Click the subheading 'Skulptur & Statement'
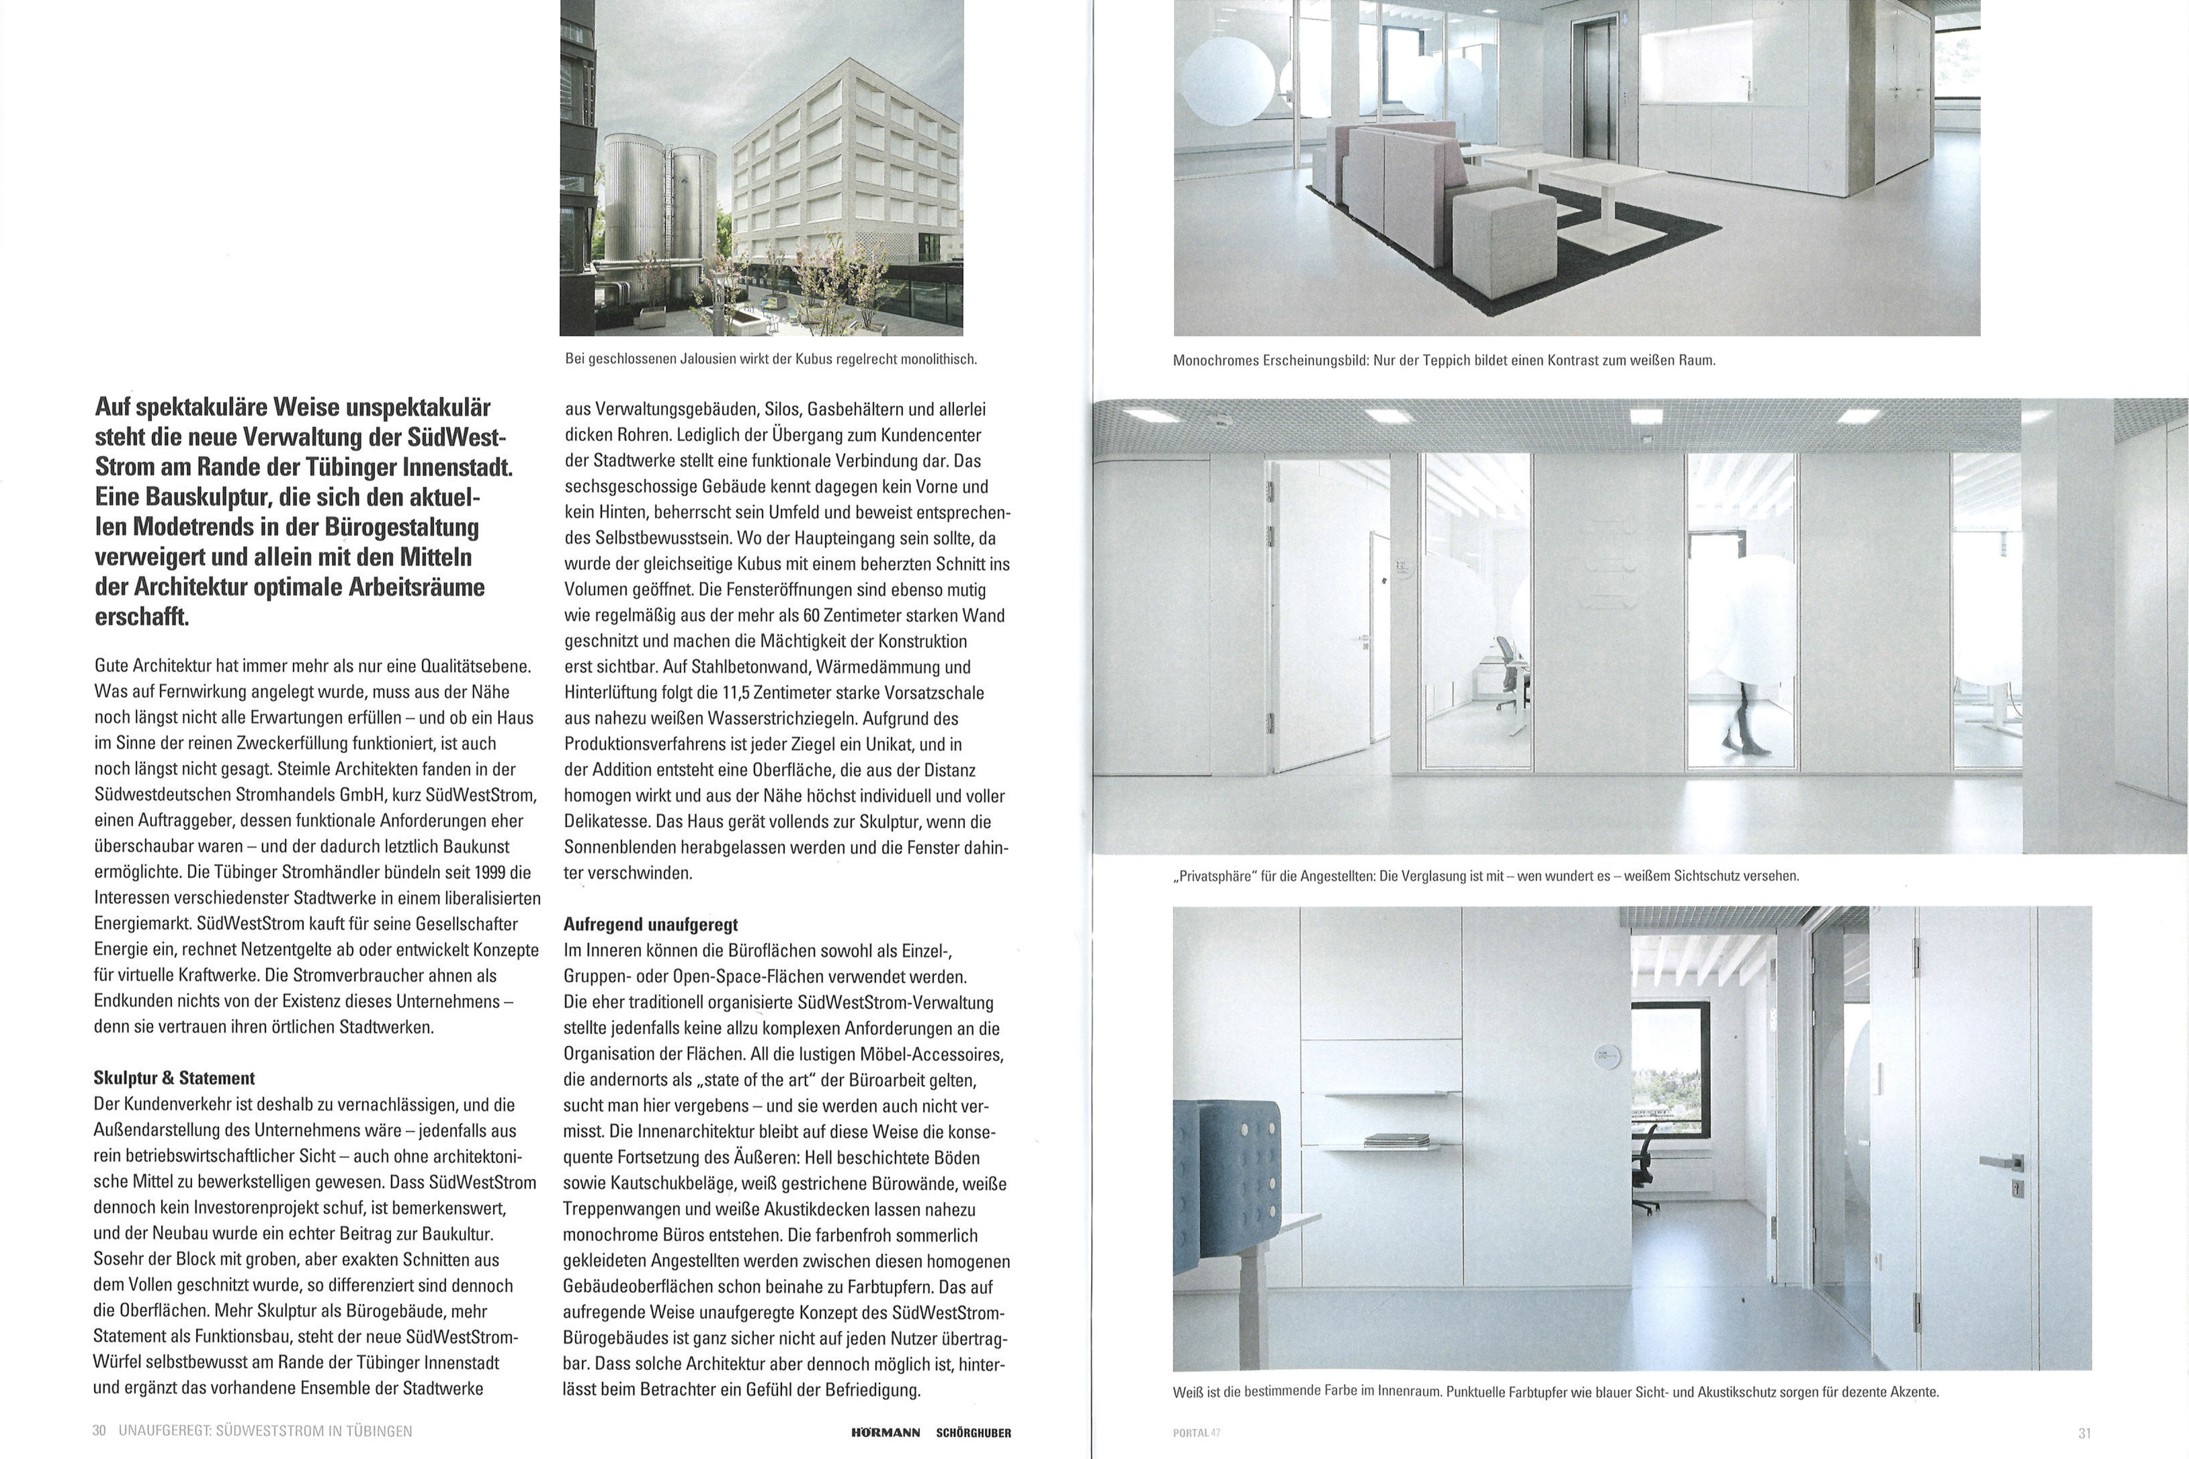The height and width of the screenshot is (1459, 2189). pos(174,1078)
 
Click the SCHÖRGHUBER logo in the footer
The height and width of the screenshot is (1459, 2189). pos(973,1433)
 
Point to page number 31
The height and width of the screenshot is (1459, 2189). pos(2085,1433)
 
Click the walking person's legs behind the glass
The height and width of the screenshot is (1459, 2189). pos(1738,728)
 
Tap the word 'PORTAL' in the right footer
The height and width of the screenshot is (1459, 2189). pos(1189,1433)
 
